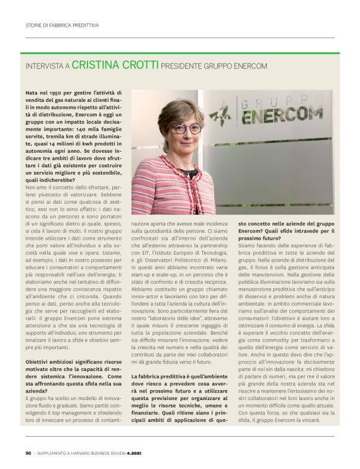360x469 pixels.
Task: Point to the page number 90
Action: click(x=29, y=453)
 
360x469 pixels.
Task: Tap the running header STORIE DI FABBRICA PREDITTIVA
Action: click(x=63, y=25)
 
